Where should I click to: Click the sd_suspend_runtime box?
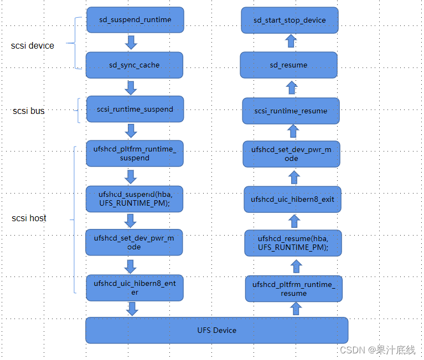(135, 20)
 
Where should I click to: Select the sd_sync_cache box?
(134, 65)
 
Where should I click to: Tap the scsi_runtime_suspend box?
(135, 109)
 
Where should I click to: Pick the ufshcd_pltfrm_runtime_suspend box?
(134, 154)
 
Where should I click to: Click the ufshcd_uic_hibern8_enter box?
(135, 288)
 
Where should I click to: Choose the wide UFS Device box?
(216, 330)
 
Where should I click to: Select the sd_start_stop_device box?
(289, 20)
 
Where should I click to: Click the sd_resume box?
(288, 65)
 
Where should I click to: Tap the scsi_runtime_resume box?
(291, 111)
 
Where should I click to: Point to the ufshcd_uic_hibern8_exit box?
(292, 199)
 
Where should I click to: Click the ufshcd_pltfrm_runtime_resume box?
(293, 289)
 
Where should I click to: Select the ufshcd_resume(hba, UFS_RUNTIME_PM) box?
(293, 243)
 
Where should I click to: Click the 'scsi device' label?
(33, 45)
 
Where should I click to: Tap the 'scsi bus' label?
(29, 111)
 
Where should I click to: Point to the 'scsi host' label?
(29, 218)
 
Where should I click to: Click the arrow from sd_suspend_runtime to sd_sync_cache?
(131, 43)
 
